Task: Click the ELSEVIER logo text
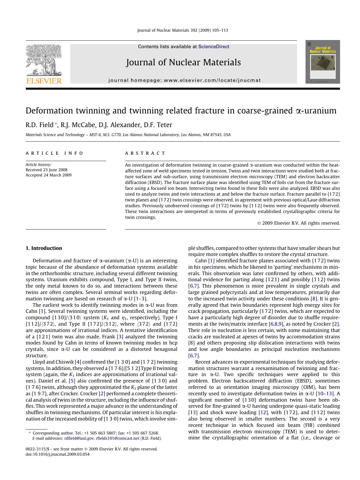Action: (44, 81)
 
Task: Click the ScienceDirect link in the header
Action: (214, 47)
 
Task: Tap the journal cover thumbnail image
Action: (323, 62)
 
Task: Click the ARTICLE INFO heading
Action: (55, 153)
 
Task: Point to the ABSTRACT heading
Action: (145, 153)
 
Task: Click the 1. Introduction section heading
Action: (44, 248)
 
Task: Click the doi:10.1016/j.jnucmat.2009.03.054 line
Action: (58, 454)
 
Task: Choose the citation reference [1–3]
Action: (140, 299)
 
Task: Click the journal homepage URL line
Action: (185, 80)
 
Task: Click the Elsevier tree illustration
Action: (44, 59)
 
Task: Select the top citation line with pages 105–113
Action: (182, 30)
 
